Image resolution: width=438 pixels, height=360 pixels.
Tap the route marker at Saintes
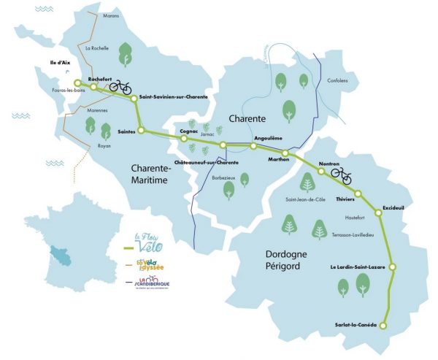point(142,131)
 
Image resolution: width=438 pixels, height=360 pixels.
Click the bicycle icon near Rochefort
point(120,87)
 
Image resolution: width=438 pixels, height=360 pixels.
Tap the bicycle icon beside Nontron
point(341,175)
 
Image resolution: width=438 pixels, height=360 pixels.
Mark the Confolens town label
point(337,80)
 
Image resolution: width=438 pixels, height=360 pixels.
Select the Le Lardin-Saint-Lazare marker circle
point(391,268)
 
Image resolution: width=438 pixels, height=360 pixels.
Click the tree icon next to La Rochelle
point(125,54)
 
